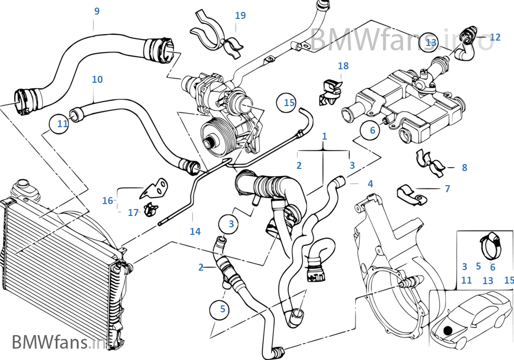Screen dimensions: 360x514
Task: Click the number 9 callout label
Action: tap(96, 11)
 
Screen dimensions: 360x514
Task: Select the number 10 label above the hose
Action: tap(97, 80)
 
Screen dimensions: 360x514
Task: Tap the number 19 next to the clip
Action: tap(240, 16)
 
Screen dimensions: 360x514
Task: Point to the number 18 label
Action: tap(343, 66)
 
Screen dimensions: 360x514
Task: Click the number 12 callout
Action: tap(495, 37)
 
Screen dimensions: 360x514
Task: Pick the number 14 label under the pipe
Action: tap(195, 231)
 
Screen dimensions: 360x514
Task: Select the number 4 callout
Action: tap(370, 184)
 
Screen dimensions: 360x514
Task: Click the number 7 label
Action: tap(447, 189)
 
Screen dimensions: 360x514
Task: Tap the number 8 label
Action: tap(464, 168)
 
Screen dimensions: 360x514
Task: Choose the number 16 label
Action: tap(108, 201)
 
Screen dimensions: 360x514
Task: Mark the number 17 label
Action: tap(133, 213)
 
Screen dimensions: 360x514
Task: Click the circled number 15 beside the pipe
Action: tap(289, 102)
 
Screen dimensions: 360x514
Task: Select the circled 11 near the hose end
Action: tap(63, 124)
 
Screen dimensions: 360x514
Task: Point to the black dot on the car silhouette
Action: tap(447, 330)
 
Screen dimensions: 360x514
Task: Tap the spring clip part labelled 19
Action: tap(209, 32)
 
